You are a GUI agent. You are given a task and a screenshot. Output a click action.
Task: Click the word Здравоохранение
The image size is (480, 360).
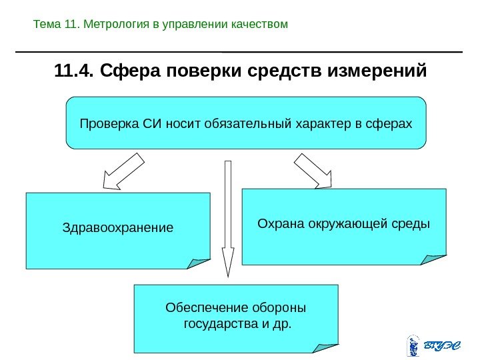click(117, 227)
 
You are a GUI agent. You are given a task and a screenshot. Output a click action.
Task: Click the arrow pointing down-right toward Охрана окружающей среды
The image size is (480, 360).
click(313, 170)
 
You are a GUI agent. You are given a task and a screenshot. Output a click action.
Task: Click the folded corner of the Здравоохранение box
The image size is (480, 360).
click(199, 263)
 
